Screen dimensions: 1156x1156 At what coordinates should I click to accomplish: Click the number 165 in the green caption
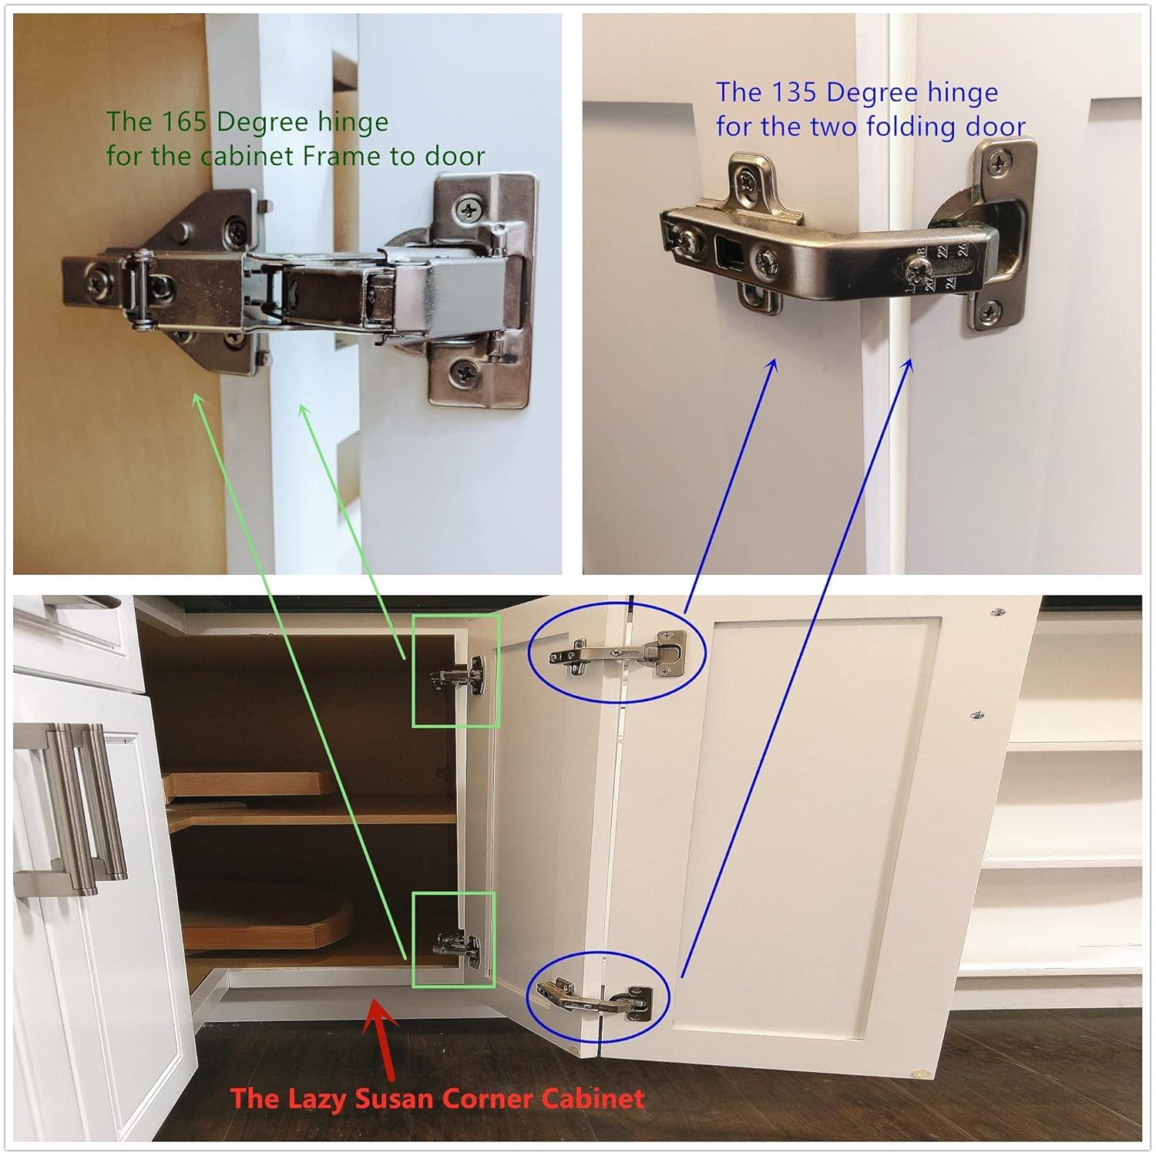click(184, 122)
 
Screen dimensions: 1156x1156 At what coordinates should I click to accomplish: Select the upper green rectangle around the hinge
click(455, 670)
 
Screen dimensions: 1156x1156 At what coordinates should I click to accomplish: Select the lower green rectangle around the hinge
click(453, 939)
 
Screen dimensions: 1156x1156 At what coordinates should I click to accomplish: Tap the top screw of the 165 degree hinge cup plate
click(469, 208)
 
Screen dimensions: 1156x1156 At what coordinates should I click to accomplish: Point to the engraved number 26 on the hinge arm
click(961, 249)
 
